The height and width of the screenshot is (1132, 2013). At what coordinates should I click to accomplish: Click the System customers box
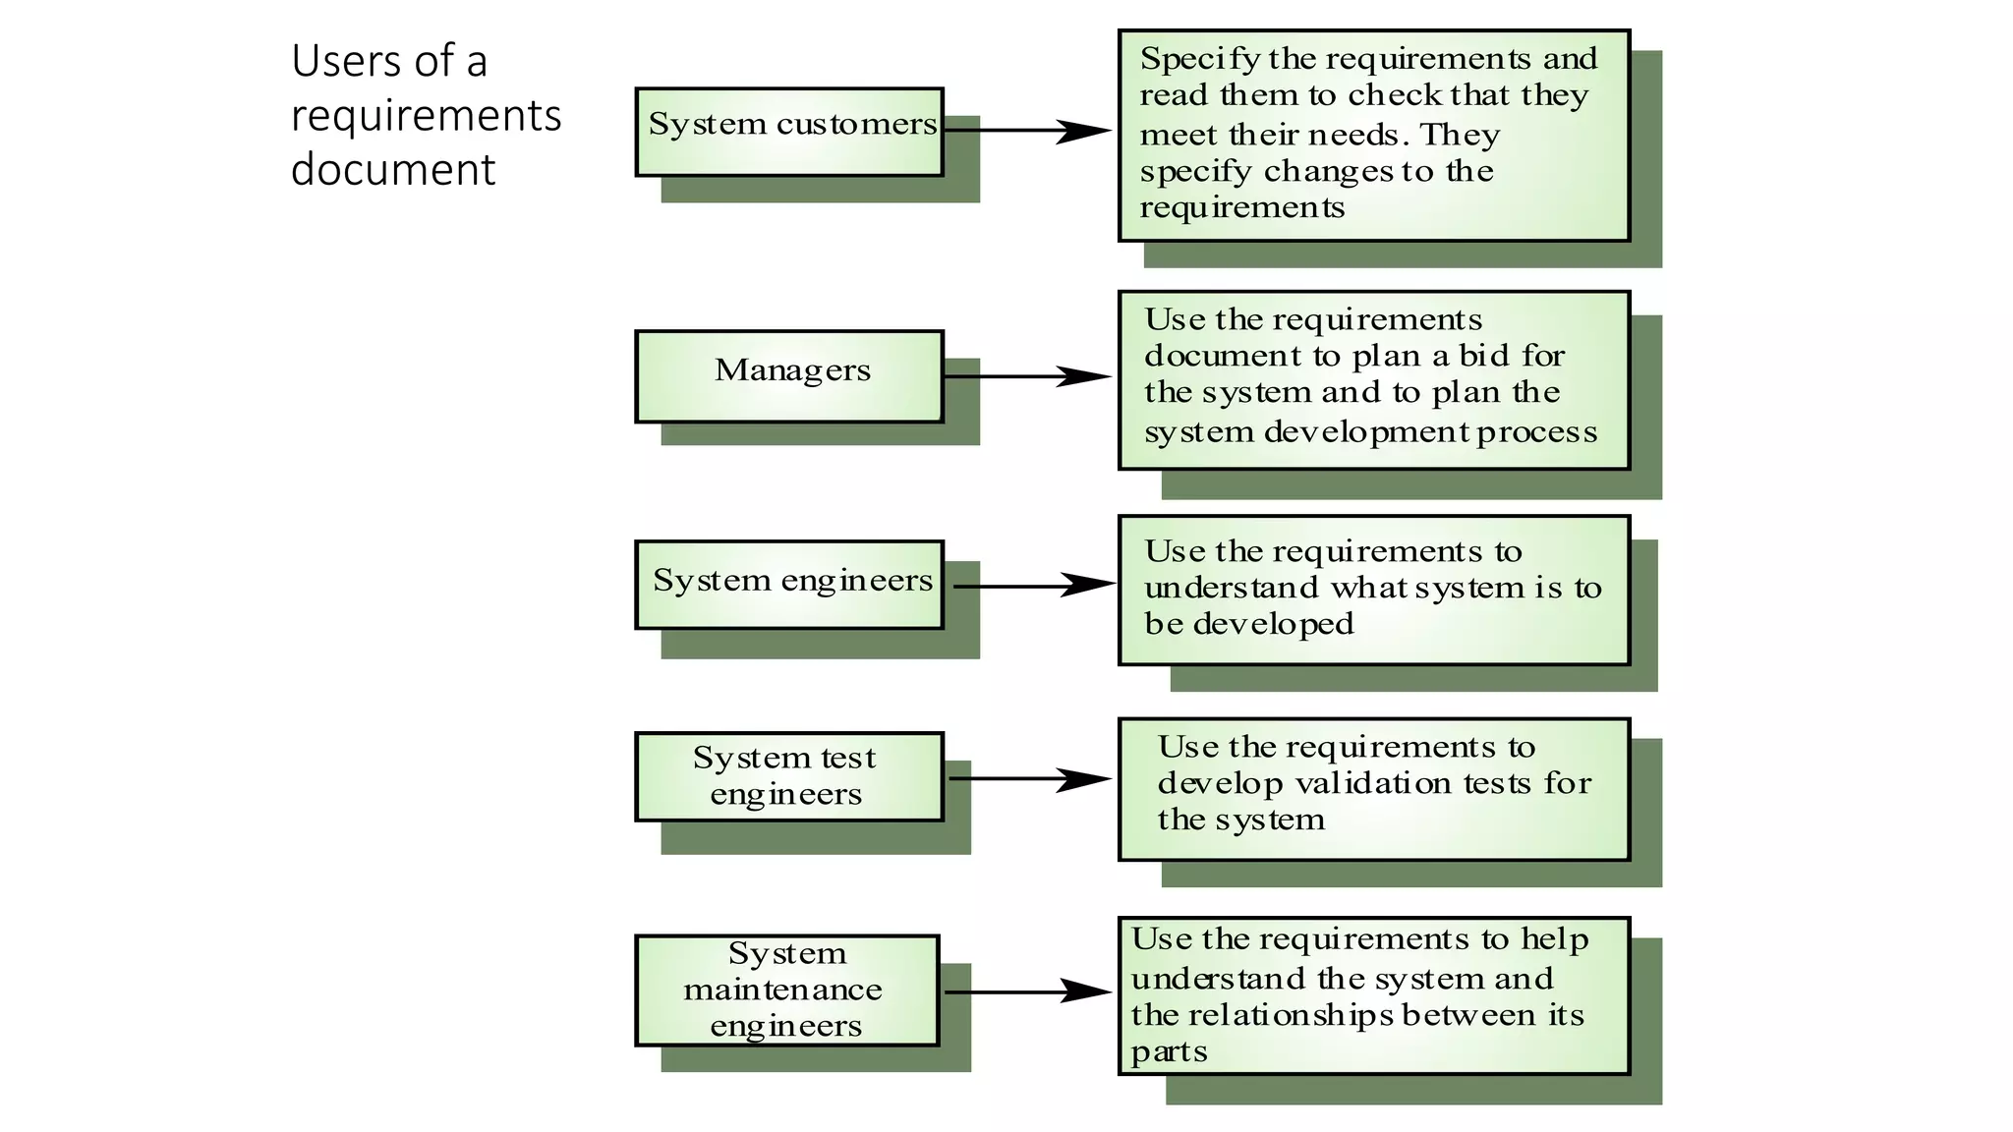[789, 132]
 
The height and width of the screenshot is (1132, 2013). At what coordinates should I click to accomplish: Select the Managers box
[789, 376]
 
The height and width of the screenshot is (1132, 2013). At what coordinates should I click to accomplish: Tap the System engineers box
[789, 585]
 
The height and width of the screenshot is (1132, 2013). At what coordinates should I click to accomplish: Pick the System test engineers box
[789, 776]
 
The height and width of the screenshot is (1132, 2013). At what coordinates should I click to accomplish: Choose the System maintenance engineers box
[786, 990]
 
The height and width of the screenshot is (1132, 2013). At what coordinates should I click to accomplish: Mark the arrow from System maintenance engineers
[1027, 991]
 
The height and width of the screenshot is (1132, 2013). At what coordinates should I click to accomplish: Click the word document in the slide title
[393, 169]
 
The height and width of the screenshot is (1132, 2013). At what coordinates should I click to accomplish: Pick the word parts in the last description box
[1169, 1052]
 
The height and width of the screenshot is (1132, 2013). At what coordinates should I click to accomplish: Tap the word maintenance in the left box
[782, 990]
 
